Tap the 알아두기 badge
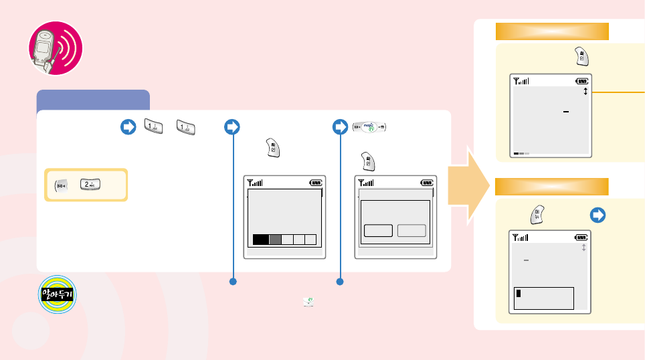(58, 295)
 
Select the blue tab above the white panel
(93, 100)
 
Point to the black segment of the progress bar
(261, 239)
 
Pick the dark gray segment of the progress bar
(275, 239)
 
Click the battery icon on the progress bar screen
(315, 182)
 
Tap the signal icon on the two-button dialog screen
(366, 182)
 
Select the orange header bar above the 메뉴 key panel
(551, 186)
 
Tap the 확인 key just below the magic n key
(368, 161)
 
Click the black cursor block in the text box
(519, 293)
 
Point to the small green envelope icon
(308, 302)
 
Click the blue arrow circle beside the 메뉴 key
(598, 215)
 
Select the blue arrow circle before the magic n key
(343, 127)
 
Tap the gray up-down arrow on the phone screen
(583, 248)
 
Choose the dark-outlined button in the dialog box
(378, 231)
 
